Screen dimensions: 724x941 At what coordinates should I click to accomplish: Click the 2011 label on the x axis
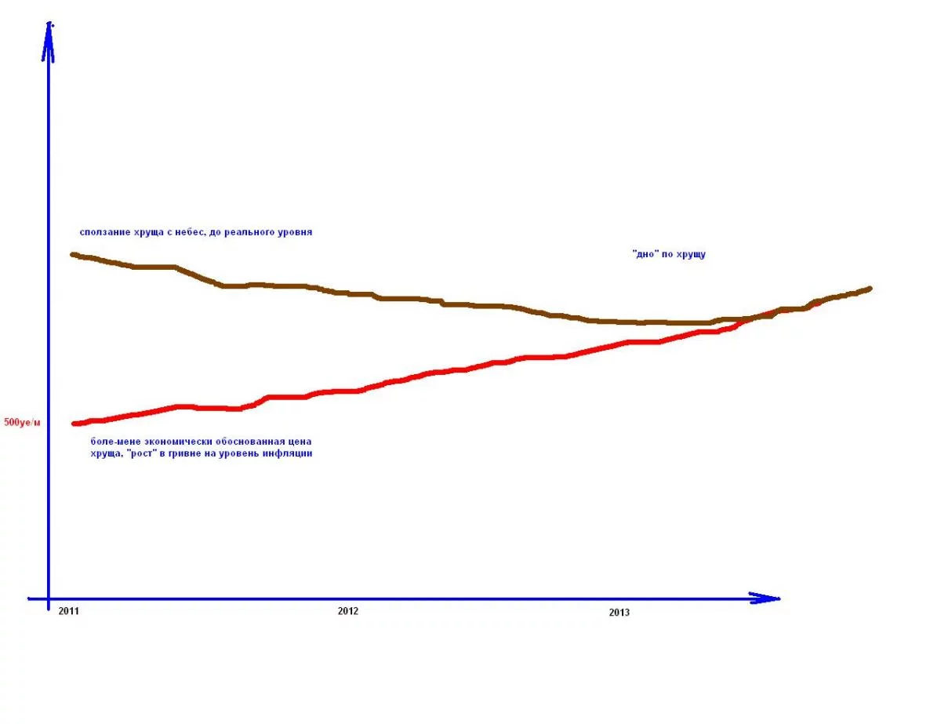(68, 610)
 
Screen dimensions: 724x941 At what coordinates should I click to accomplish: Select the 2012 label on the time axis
(347, 610)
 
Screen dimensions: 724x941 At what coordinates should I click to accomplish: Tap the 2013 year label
(619, 613)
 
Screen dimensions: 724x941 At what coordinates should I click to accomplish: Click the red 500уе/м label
(22, 423)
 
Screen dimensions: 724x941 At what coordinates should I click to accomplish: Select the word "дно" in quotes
(645, 254)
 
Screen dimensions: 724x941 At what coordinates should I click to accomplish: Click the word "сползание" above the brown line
(104, 232)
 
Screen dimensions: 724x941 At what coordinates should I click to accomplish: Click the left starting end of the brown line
(73, 254)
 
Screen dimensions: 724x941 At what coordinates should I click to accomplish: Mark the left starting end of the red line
(74, 424)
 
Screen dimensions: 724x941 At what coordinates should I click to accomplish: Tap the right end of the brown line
(869, 289)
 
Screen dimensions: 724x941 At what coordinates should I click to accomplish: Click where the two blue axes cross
(49, 598)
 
